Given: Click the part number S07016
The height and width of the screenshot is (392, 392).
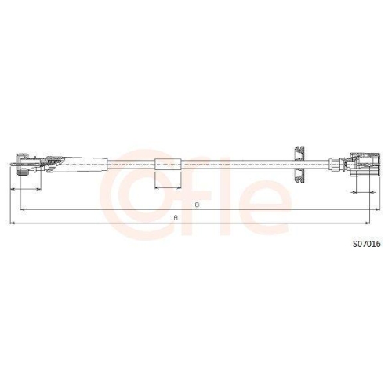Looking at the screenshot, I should tap(365, 244).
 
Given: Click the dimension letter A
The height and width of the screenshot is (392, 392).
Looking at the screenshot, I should tap(176, 216).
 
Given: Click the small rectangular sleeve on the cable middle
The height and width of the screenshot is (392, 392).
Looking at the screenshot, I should tap(168, 164).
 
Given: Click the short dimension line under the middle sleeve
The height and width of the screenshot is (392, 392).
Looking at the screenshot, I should tap(168, 188).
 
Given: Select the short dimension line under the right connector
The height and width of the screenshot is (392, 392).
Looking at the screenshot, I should tap(364, 191).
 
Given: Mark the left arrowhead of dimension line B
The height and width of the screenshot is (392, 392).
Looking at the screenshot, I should tap(22, 210).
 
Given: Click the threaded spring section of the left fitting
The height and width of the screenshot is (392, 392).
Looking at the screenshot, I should tap(51, 164).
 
